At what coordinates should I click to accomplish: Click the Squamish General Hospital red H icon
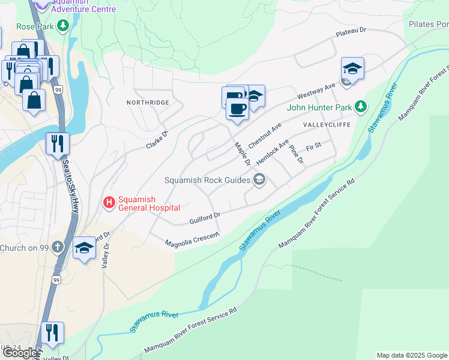[x=109, y=203]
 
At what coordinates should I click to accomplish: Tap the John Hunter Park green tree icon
[x=360, y=107]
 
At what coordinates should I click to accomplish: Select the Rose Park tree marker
[x=63, y=26]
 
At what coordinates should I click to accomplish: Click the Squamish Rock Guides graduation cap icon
[x=259, y=180]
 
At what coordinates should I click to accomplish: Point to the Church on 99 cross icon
[x=57, y=247]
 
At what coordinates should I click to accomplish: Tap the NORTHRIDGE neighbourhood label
[x=148, y=103]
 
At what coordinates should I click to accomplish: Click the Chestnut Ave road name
[x=264, y=136]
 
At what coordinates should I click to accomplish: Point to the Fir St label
[x=313, y=146]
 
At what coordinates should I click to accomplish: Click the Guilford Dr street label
[x=205, y=217]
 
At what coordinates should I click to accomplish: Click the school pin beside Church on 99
[x=84, y=248]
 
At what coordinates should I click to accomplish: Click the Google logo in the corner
[x=19, y=353]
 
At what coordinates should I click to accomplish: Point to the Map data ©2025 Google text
[x=412, y=355]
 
